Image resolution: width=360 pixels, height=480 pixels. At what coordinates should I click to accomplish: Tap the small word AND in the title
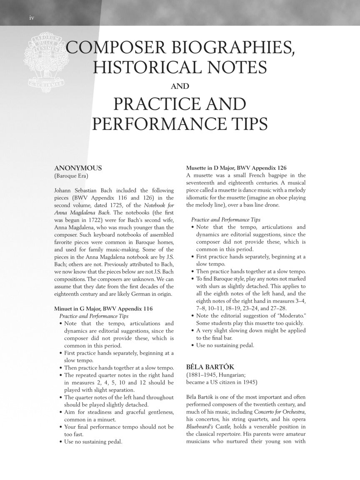(180, 86)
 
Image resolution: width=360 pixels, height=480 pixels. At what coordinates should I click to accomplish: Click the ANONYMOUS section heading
(78, 168)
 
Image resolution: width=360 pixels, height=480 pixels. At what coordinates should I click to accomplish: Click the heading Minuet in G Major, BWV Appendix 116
(104, 309)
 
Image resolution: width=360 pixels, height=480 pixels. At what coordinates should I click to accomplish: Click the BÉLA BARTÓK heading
(210, 367)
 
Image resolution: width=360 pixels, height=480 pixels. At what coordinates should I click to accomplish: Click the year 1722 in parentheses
(110, 220)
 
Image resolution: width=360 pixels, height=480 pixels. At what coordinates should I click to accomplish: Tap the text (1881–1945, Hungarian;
(217, 375)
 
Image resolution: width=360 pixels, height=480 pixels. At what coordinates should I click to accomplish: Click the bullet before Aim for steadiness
(61, 412)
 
